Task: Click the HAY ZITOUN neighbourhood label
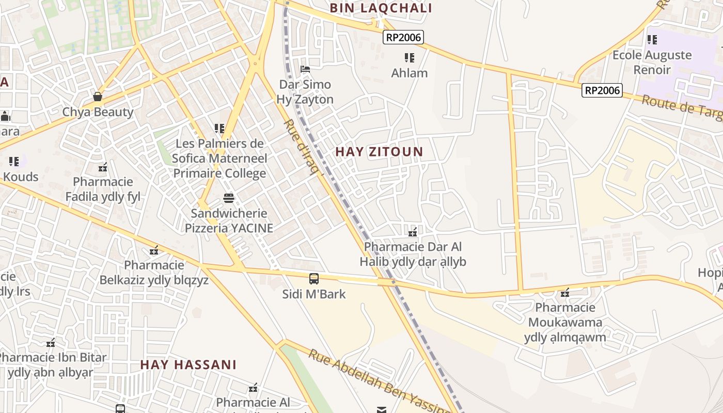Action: pyautogui.click(x=379, y=152)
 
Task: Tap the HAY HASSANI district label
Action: pyautogui.click(x=188, y=364)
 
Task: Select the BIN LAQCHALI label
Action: pyautogui.click(x=381, y=8)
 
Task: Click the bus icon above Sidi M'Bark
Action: pyautogui.click(x=314, y=279)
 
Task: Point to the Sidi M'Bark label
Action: pyautogui.click(x=314, y=294)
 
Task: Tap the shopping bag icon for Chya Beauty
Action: pyautogui.click(x=98, y=97)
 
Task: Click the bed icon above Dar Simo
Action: pyautogui.click(x=305, y=69)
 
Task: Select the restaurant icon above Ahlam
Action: pyautogui.click(x=410, y=57)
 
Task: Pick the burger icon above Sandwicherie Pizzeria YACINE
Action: pyautogui.click(x=229, y=198)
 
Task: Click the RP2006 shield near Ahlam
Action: pyautogui.click(x=403, y=37)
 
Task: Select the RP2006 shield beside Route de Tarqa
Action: pyautogui.click(x=602, y=90)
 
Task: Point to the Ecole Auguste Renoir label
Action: pyautogui.click(x=652, y=62)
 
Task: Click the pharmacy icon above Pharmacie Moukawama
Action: pyautogui.click(x=565, y=293)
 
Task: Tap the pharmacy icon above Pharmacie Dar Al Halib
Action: pyautogui.click(x=413, y=232)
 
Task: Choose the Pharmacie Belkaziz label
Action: pyautogui.click(x=154, y=273)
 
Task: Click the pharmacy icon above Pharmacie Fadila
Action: pyautogui.click(x=103, y=167)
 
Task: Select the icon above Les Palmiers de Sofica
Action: pyautogui.click(x=219, y=128)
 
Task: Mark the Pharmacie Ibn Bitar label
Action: pyautogui.click(x=52, y=364)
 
